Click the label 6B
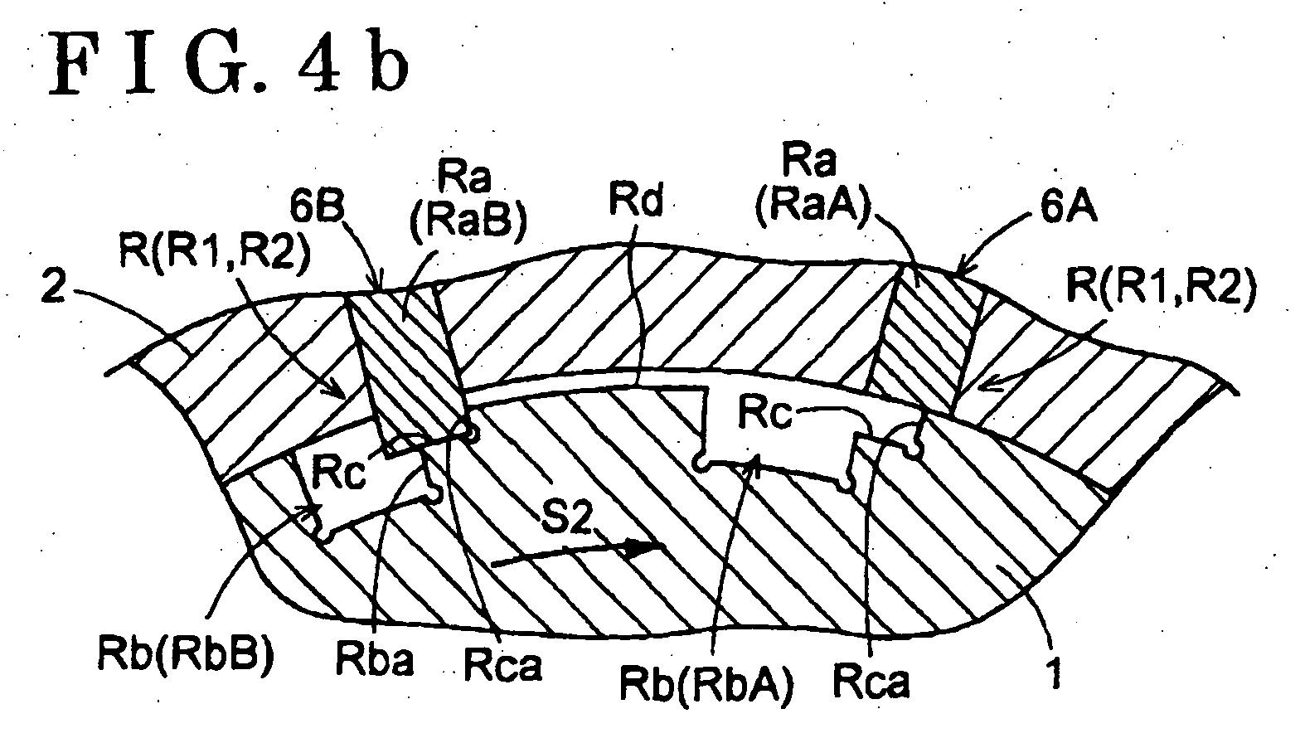click(317, 209)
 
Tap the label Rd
click(635, 201)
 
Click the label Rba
click(375, 661)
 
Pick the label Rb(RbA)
click(706, 686)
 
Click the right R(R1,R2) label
click(1162, 286)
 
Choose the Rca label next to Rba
click(503, 665)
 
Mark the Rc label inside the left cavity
click(339, 472)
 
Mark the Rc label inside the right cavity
click(764, 413)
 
